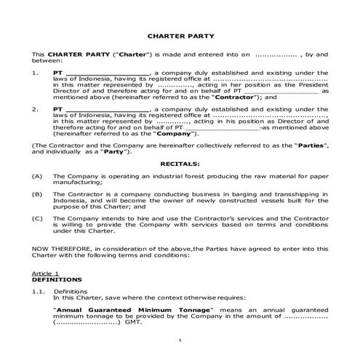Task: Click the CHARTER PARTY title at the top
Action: pyautogui.click(x=180, y=34)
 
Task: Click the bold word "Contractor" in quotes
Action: pyautogui.click(x=232, y=97)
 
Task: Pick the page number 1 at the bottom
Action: pyautogui.click(x=180, y=339)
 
